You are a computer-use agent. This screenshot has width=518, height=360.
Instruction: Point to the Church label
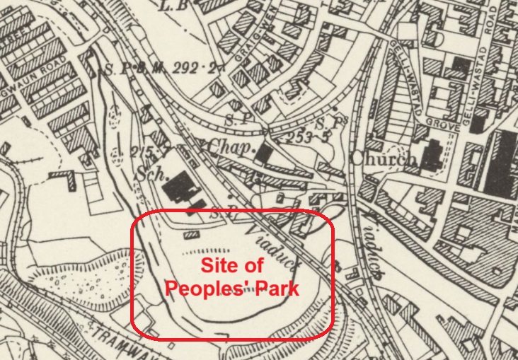point(382,160)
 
